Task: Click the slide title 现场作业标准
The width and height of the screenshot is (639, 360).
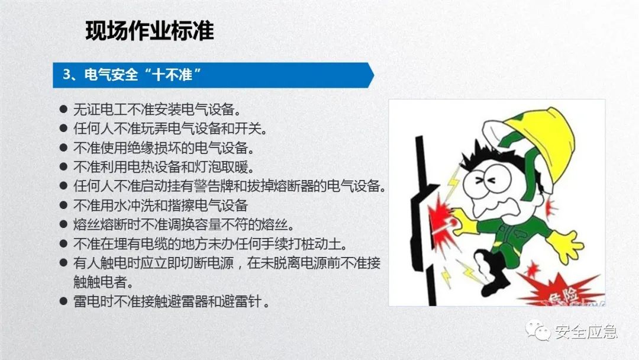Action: (149, 31)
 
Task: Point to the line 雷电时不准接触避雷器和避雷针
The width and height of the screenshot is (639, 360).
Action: (172, 302)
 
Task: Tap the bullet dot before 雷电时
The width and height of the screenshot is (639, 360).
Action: (63, 302)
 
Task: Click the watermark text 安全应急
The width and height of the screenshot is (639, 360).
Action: (586, 332)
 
